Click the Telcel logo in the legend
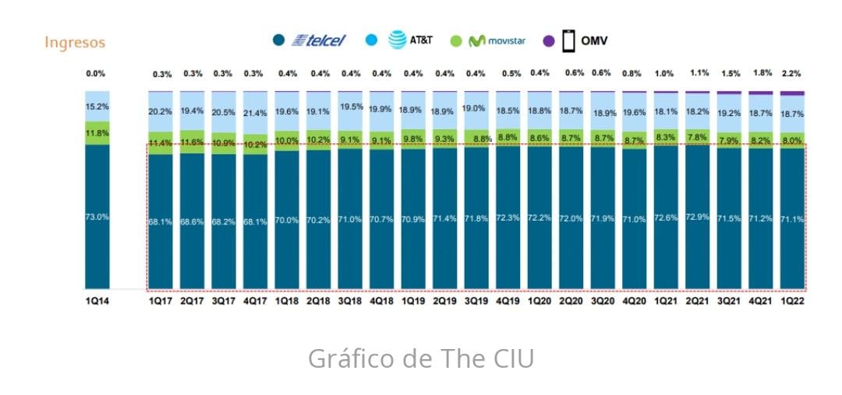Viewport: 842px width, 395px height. click(x=319, y=40)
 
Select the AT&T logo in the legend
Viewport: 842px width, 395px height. click(x=411, y=40)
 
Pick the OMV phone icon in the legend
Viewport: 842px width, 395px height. click(x=569, y=41)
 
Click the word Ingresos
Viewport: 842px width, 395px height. click(x=75, y=42)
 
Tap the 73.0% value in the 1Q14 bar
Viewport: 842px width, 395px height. click(x=97, y=217)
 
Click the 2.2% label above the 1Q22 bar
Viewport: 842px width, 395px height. click(x=791, y=73)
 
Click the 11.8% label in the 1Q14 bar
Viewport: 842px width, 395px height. click(x=97, y=133)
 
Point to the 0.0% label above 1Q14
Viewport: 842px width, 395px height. click(x=96, y=74)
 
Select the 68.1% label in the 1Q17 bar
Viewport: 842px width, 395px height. click(x=161, y=221)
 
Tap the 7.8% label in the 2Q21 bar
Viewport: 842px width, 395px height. click(x=697, y=137)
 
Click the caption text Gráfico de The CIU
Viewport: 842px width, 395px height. click(x=421, y=358)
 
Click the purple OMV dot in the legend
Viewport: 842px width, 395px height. click(x=548, y=41)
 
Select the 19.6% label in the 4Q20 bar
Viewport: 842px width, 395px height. click(x=634, y=112)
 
